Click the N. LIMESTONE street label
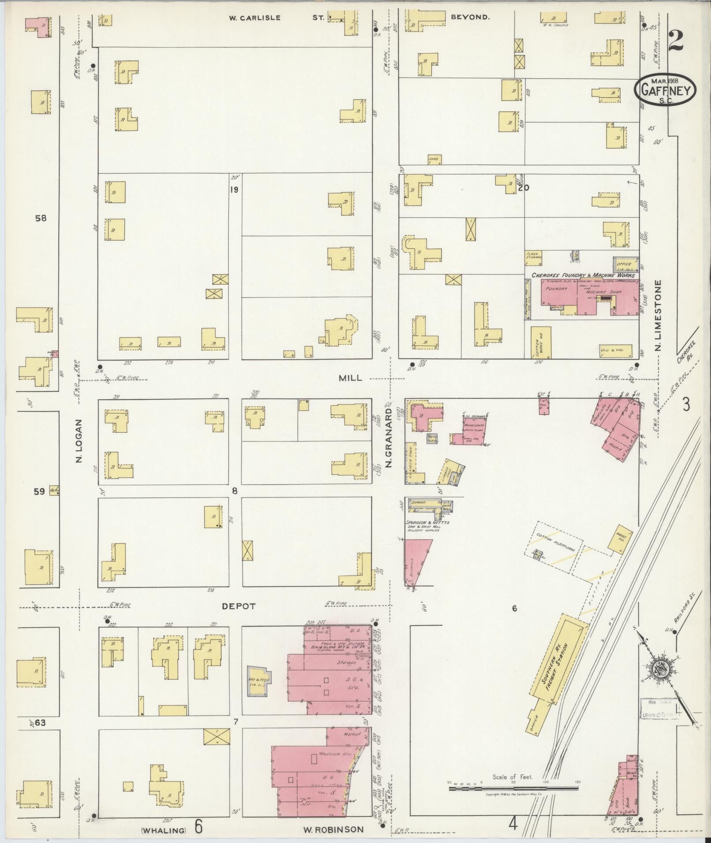659,315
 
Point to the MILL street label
350,378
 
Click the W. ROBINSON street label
333,829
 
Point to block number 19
234,190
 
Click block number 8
235,490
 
